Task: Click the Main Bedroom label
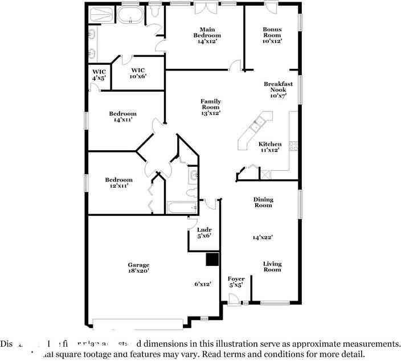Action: (x=206, y=35)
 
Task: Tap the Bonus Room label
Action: (x=272, y=35)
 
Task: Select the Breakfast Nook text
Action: (x=278, y=90)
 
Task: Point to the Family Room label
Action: (x=210, y=107)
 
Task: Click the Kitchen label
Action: (x=270, y=147)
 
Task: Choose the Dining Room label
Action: (x=263, y=202)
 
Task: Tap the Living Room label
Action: (x=272, y=266)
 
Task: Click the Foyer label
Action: (x=236, y=281)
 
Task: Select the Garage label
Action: (x=138, y=268)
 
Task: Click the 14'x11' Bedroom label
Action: (x=123, y=117)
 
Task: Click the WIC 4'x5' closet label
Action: (x=100, y=75)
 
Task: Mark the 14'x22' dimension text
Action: (x=263, y=237)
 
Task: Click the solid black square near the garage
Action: (x=212, y=260)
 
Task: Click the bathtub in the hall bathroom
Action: (x=182, y=207)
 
